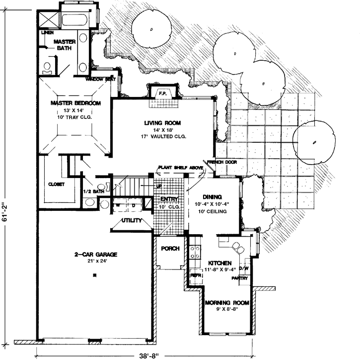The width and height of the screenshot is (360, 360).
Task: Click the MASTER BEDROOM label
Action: pos(75,103)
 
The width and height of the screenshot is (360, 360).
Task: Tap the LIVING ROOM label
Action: pos(162,123)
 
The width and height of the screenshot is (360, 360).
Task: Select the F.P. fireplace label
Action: pos(162,93)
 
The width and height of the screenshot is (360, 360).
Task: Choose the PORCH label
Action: pos(170,249)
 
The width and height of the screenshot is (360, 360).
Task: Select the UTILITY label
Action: pos(132,220)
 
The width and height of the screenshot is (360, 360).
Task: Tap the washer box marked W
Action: pos(119,204)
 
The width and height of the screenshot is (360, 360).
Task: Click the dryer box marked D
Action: pos(133,204)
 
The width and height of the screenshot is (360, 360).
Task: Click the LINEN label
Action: pos(48,33)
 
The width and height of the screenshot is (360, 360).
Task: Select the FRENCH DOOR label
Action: pos(221,162)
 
